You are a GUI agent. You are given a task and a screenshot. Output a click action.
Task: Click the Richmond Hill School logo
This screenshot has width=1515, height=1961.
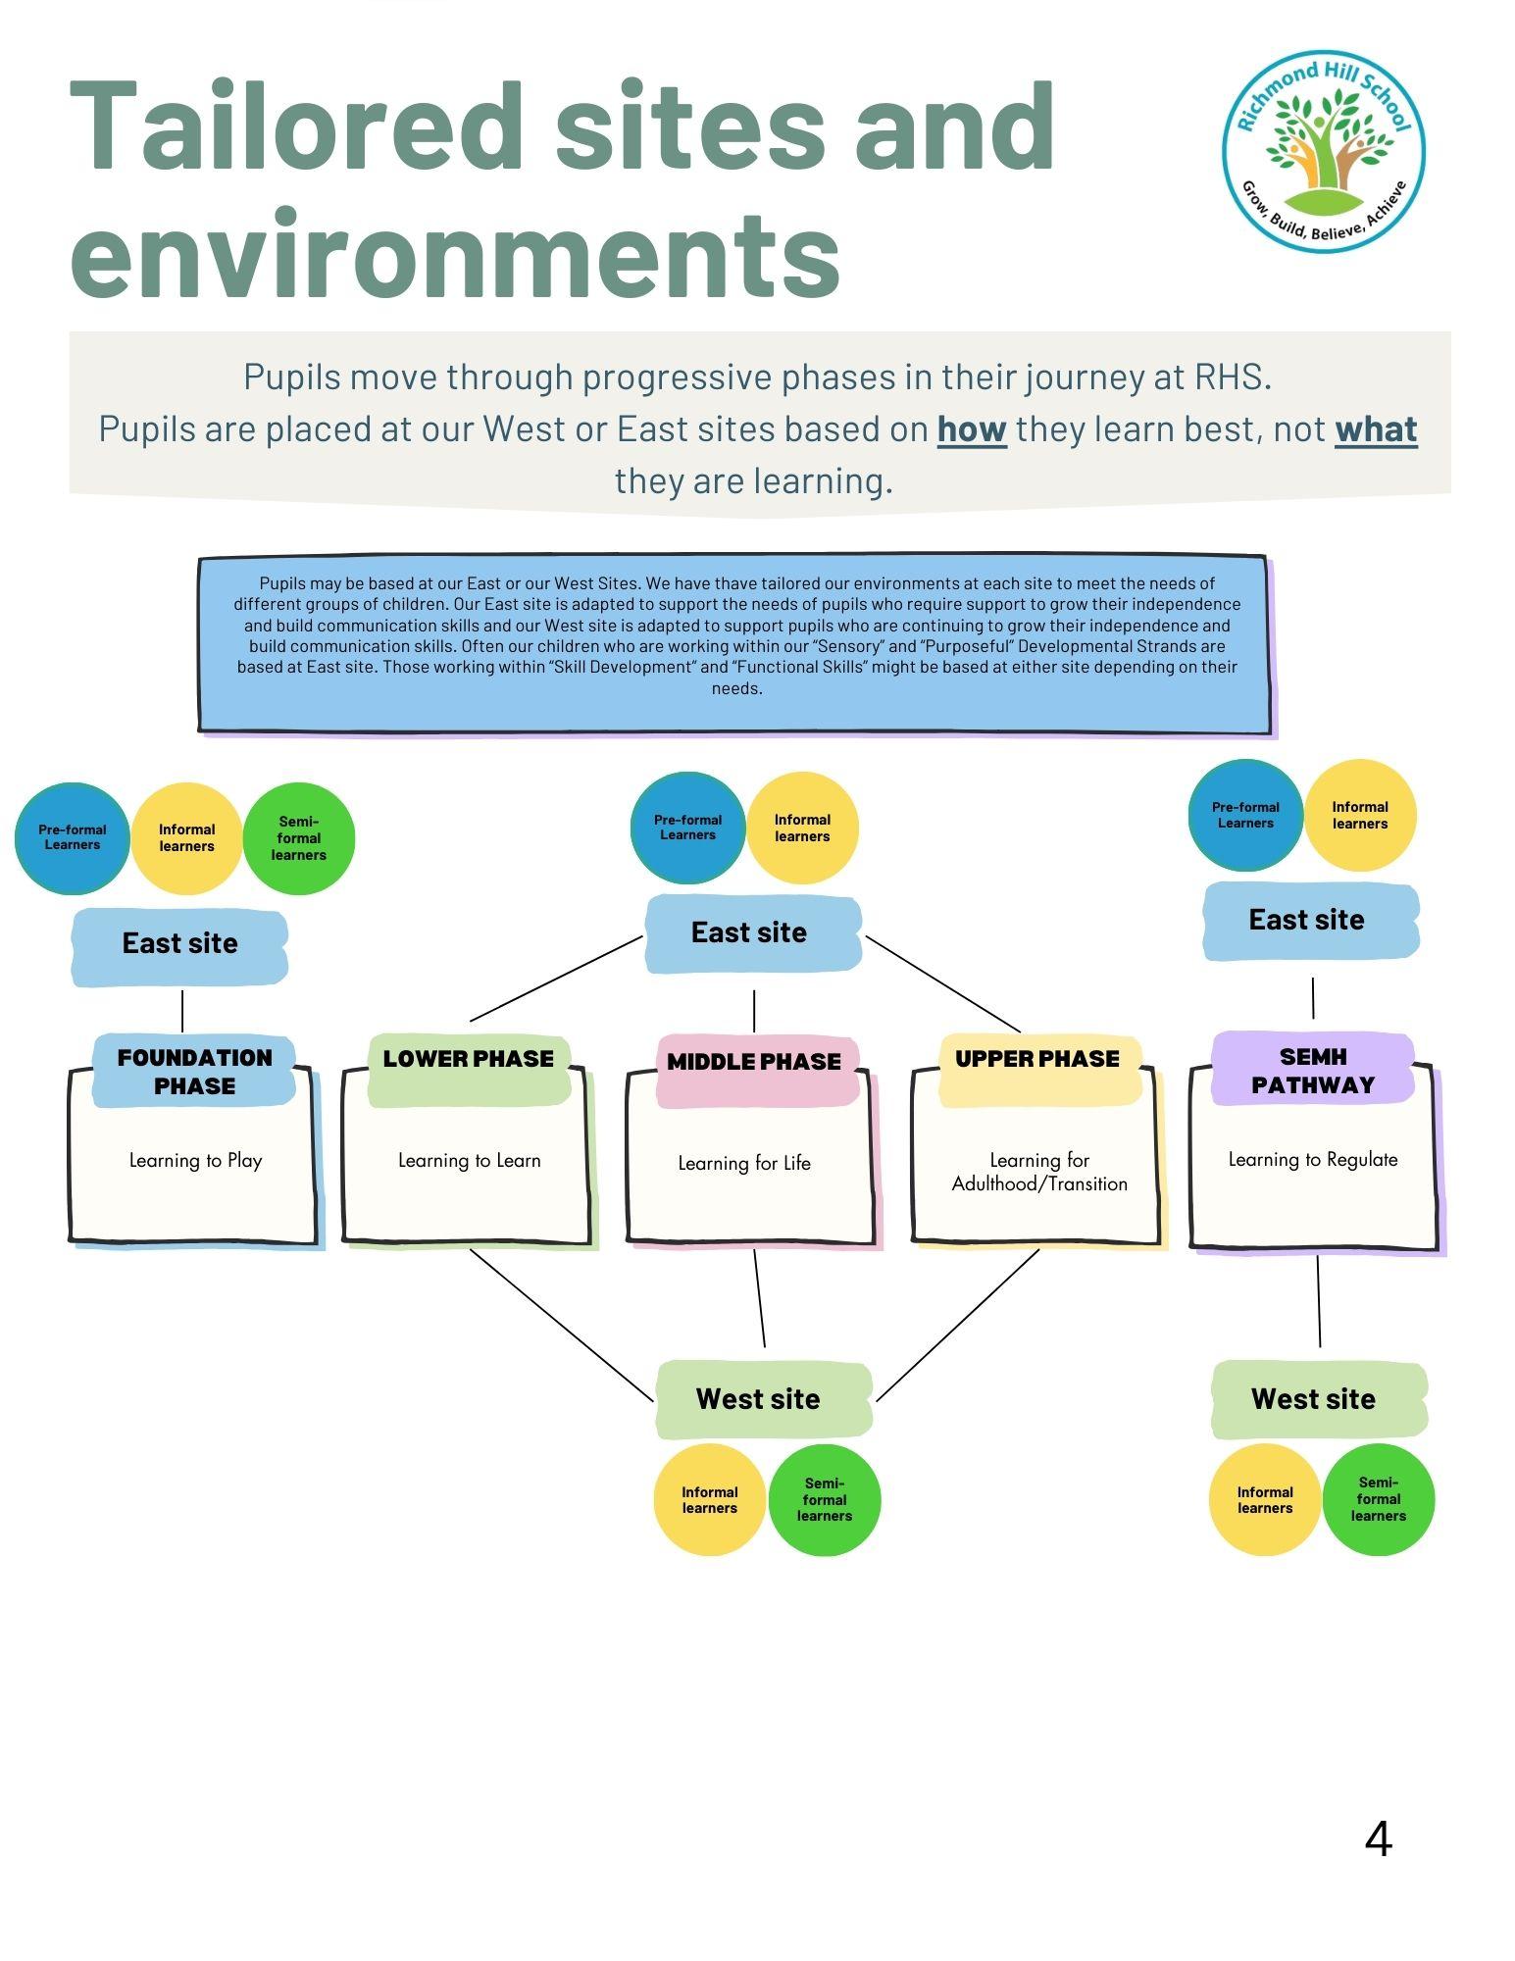tap(1323, 151)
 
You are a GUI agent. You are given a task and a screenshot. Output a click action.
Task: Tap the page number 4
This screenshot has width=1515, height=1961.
tap(1378, 1839)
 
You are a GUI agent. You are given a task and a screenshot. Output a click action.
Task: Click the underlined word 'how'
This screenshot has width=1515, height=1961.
tap(972, 429)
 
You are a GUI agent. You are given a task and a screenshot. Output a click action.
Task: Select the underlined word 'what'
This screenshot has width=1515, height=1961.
tap(1376, 429)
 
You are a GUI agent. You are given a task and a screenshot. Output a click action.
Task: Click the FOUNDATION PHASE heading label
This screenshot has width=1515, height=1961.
tap(194, 1071)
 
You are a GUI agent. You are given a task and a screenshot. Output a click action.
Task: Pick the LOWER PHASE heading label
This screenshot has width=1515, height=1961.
tap(469, 1059)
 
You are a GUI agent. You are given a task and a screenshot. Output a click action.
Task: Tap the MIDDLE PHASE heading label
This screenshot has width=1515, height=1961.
tap(754, 1062)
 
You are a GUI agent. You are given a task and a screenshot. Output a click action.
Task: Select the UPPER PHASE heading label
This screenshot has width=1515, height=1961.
tap(1037, 1059)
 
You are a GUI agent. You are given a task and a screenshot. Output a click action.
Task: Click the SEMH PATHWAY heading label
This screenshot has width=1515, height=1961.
tap(1313, 1070)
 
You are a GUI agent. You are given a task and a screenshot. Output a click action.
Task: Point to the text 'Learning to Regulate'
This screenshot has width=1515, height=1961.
tap(1313, 1159)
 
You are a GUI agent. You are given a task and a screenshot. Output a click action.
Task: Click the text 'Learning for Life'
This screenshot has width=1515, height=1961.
tap(744, 1163)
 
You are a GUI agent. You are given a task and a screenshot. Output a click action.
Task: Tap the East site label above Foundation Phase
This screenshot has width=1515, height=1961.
tap(180, 943)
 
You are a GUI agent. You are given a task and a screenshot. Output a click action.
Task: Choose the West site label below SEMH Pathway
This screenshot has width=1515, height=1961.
tap(1314, 1399)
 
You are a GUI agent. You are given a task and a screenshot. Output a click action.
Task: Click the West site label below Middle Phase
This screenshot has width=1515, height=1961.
tap(759, 1399)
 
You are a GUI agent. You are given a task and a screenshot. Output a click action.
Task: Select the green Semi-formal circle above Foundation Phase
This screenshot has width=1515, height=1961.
tap(298, 838)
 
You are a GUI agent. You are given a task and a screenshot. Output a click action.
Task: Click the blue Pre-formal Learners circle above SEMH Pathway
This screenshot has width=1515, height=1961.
tap(1245, 816)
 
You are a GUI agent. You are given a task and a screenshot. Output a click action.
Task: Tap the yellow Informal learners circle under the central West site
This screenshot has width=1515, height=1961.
tap(709, 1500)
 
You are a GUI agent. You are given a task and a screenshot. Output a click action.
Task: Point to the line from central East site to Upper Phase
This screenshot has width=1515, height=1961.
tap(943, 984)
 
